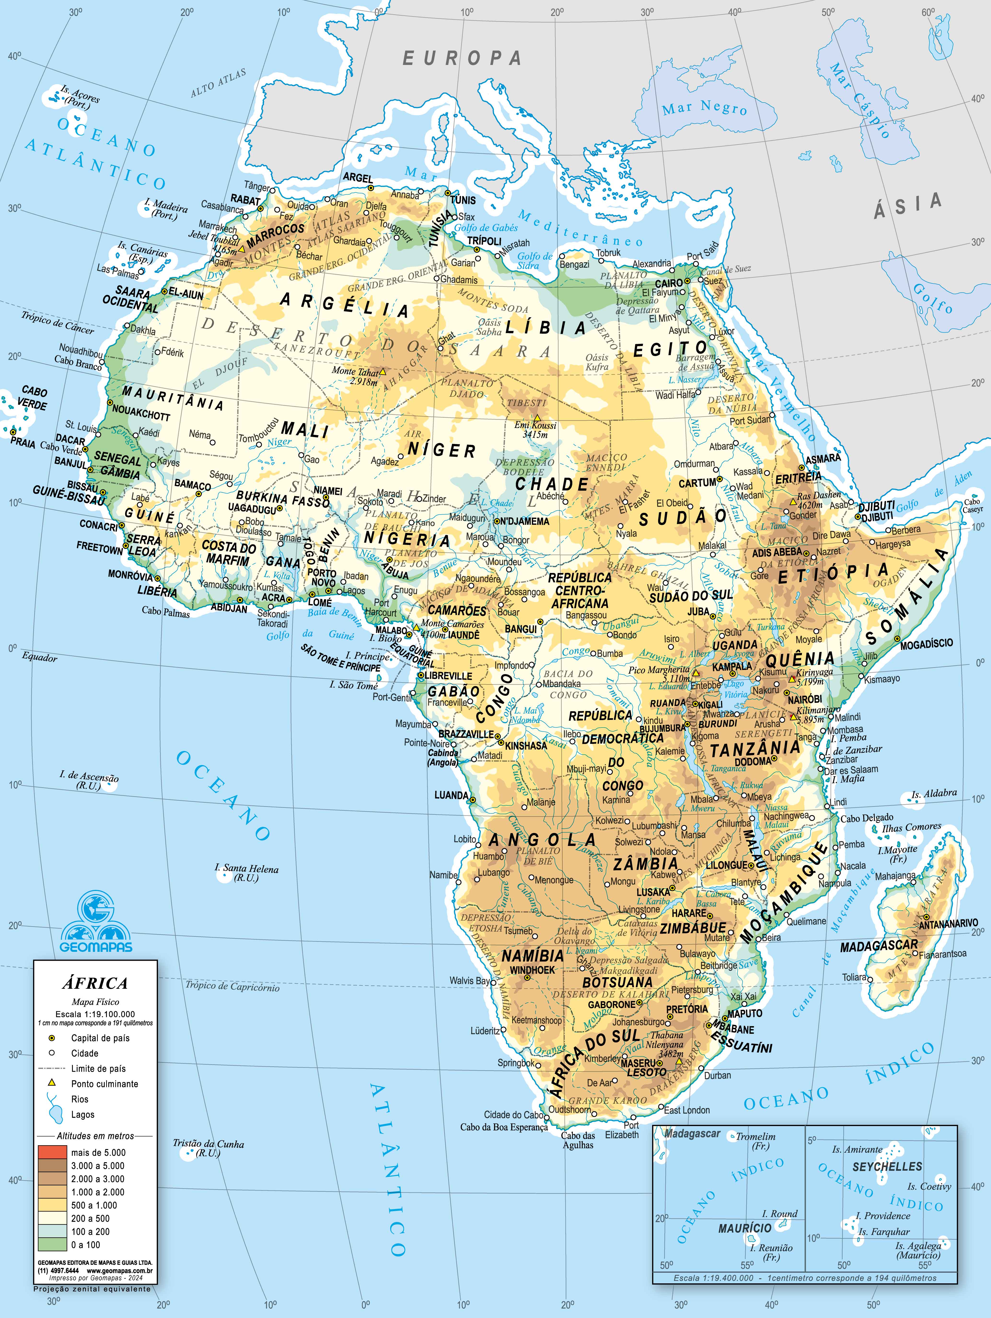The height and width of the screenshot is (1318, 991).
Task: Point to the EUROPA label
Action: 462,58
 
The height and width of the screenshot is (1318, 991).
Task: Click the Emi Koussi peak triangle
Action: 537,418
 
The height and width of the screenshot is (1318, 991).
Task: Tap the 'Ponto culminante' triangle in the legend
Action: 52,1083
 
